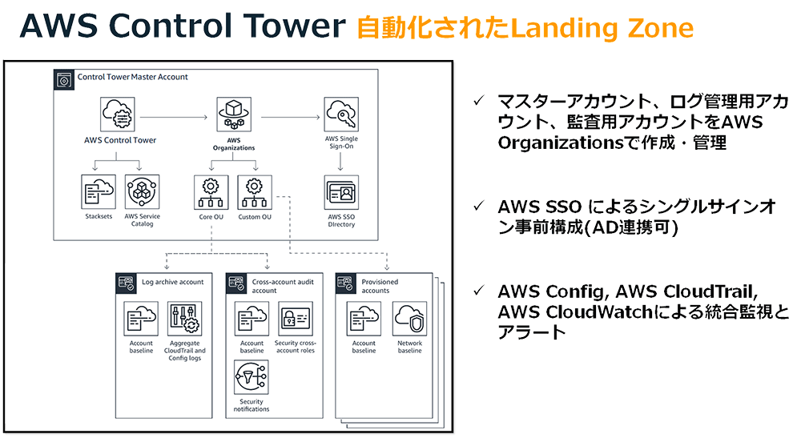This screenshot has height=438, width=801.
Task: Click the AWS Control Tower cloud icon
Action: pyautogui.click(x=119, y=115)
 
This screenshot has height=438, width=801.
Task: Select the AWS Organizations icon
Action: pyautogui.click(x=234, y=115)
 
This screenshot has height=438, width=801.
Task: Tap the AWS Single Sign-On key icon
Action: pyautogui.click(x=341, y=115)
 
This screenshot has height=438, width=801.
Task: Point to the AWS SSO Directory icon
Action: pyautogui.click(x=341, y=192)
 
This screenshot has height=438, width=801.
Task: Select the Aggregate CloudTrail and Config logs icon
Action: pyautogui.click(x=185, y=319)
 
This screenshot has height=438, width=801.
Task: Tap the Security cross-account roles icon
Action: pyautogui.click(x=295, y=319)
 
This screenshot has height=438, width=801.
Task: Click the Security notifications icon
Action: pyautogui.click(x=252, y=377)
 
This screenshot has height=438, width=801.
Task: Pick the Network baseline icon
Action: pyautogui.click(x=409, y=319)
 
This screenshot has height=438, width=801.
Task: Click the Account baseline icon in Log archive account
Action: pyautogui.click(x=141, y=319)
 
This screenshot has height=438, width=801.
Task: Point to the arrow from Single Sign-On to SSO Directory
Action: pyautogui.click(x=341, y=161)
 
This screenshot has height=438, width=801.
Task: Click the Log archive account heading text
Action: pyautogui.click(x=172, y=282)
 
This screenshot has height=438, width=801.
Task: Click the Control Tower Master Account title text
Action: pyautogui.click(x=132, y=78)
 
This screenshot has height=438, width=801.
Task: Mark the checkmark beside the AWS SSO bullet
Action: pyautogui.click(x=478, y=206)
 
